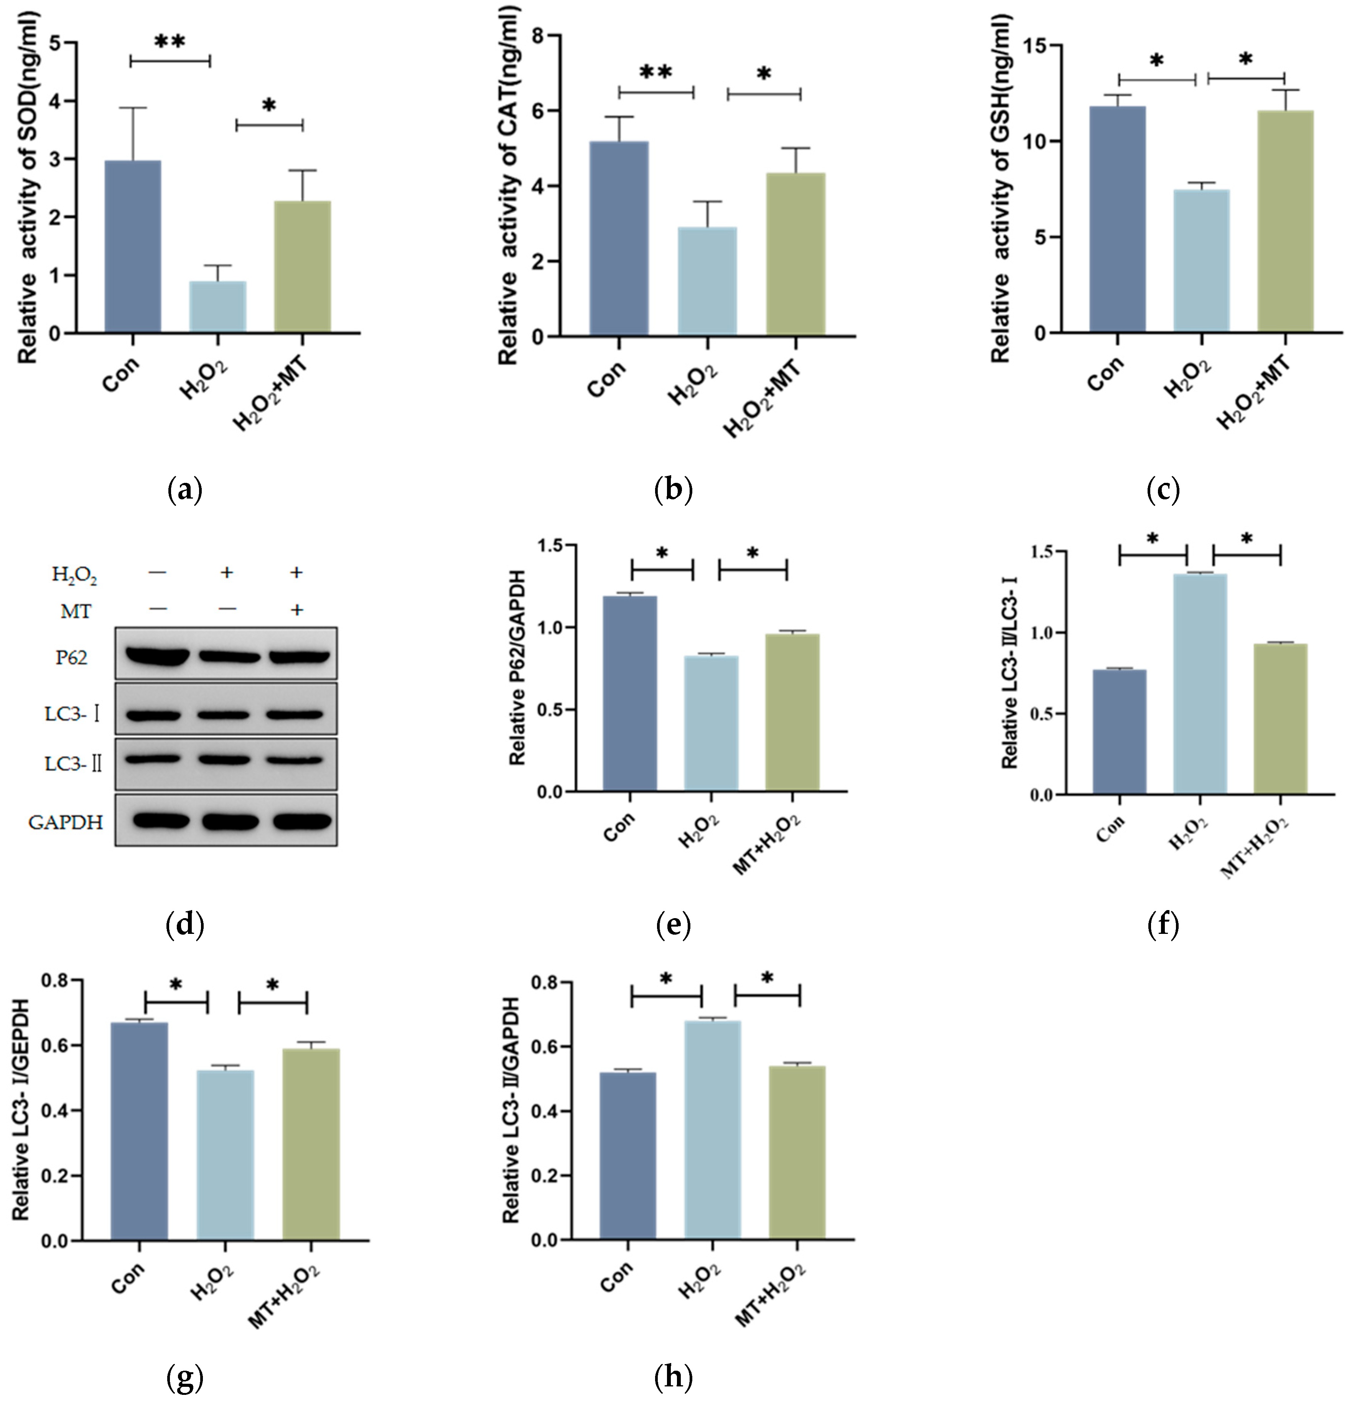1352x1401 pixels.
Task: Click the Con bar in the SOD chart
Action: [x=133, y=247]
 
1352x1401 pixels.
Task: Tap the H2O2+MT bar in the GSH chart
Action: [x=1285, y=222]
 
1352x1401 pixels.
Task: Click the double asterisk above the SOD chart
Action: [x=170, y=41]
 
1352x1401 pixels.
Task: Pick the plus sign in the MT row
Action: [x=297, y=610]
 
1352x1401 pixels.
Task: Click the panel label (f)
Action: [x=1163, y=926]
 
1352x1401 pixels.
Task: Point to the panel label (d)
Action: [x=184, y=926]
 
